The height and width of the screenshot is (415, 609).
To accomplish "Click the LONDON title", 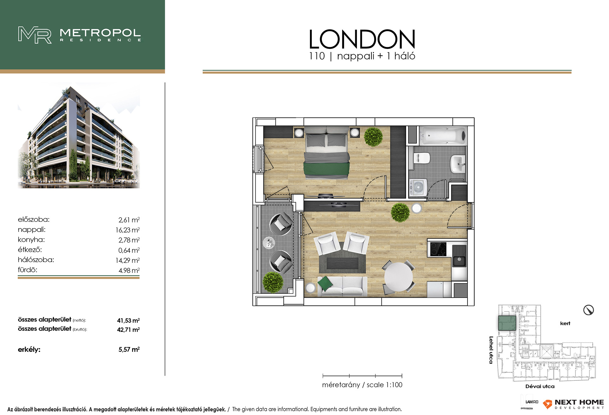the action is click(362, 39).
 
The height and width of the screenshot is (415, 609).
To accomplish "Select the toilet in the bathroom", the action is click(422, 158).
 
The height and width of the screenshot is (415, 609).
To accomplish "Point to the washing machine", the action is click(418, 188).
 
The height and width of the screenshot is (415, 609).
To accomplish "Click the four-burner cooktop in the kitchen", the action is click(438, 249).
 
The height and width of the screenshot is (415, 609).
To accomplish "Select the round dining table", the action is click(398, 277).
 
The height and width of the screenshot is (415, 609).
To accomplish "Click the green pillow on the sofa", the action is click(325, 283).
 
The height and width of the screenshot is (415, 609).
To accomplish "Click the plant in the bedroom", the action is click(373, 136).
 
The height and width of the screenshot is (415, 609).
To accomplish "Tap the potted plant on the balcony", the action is click(273, 282).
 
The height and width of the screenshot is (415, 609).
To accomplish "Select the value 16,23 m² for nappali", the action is click(128, 230).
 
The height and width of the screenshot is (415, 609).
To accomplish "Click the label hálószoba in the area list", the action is click(36, 260).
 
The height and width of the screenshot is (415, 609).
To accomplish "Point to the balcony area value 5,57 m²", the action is click(129, 349).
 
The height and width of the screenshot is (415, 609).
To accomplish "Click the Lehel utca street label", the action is click(491, 350).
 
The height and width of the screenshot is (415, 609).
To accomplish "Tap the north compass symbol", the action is click(588, 310).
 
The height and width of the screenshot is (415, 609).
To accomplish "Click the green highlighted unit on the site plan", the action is click(507, 323).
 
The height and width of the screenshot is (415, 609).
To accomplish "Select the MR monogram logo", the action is click(35, 35).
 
